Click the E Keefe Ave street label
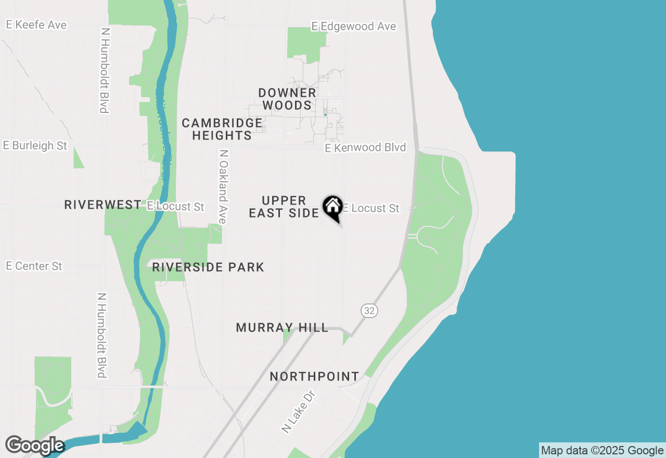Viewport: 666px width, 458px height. pyautogui.click(x=36, y=24)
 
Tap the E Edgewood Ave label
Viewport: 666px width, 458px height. pyautogui.click(x=354, y=26)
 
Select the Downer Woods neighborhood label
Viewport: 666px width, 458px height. pyautogui.click(x=287, y=99)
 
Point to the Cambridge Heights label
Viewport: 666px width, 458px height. pyautogui.click(x=222, y=129)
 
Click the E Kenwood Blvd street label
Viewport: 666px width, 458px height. pyautogui.click(x=365, y=148)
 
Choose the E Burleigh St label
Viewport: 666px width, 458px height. pyautogui.click(x=35, y=146)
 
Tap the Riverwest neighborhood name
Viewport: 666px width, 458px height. pyautogui.click(x=103, y=205)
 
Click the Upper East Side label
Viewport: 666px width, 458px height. pyautogui.click(x=284, y=207)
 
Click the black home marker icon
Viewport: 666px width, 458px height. pyautogui.click(x=332, y=208)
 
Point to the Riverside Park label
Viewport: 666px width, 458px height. pyautogui.click(x=208, y=268)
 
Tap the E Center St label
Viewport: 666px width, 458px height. pyautogui.click(x=34, y=266)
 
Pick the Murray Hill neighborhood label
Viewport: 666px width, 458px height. pyautogui.click(x=282, y=327)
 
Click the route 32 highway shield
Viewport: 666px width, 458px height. pyautogui.click(x=369, y=311)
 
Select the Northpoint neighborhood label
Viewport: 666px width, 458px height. pyautogui.click(x=314, y=376)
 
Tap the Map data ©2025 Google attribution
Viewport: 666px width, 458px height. pyautogui.click(x=602, y=451)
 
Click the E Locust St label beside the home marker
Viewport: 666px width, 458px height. pyautogui.click(x=372, y=208)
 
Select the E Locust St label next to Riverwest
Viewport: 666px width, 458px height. pyautogui.click(x=176, y=206)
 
